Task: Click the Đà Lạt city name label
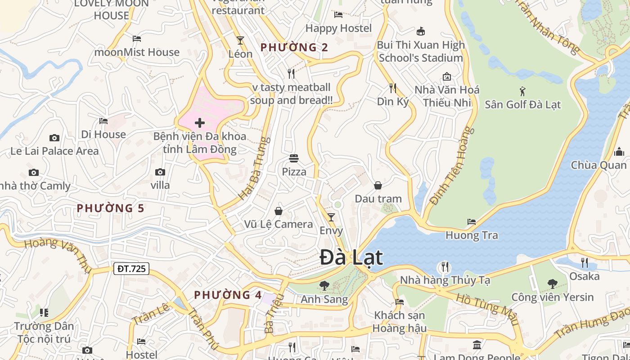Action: pyautogui.click(x=351, y=258)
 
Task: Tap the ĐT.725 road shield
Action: pyautogui.click(x=131, y=269)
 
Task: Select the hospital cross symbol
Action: pyautogui.click(x=200, y=122)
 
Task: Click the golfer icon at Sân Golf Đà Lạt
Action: pyautogui.click(x=522, y=91)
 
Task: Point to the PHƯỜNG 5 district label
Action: pyautogui.click(x=110, y=208)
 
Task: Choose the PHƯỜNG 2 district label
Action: pyautogui.click(x=294, y=47)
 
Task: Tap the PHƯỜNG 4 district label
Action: pyautogui.click(x=228, y=295)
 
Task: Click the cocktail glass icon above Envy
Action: pyautogui.click(x=331, y=217)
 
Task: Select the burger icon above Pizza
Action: pyautogui.click(x=294, y=158)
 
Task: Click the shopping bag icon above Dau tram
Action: pyautogui.click(x=378, y=185)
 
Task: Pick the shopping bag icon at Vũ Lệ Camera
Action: pyautogui.click(x=279, y=211)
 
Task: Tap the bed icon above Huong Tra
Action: pyautogui.click(x=472, y=221)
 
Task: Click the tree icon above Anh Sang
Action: pyautogui.click(x=324, y=285)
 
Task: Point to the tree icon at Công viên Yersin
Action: pyautogui.click(x=552, y=283)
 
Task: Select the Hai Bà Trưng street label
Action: pyautogui.click(x=253, y=169)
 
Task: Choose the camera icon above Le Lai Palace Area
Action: pyautogui.click(x=54, y=138)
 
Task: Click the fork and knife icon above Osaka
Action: pyautogui.click(x=584, y=262)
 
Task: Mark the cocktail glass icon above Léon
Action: pyautogui.click(x=240, y=40)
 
